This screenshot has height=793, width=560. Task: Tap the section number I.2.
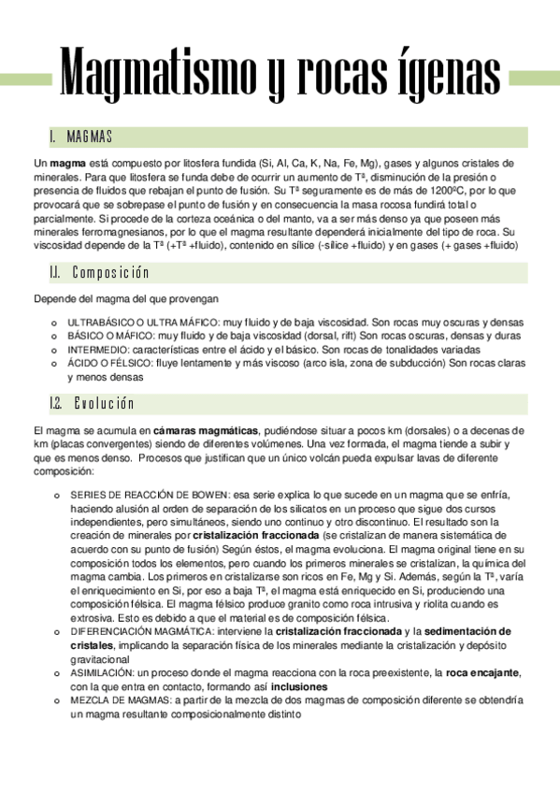(x=55, y=403)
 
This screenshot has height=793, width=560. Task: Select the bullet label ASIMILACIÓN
(x=99, y=673)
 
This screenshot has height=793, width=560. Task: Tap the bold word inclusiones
(x=299, y=686)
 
